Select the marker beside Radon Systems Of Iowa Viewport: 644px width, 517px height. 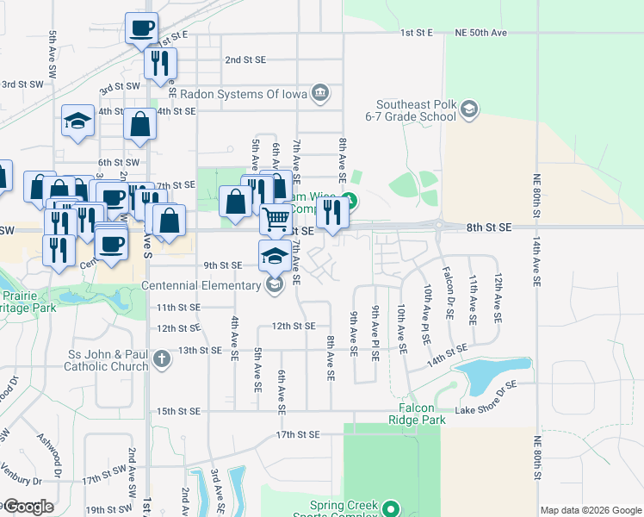click(320, 91)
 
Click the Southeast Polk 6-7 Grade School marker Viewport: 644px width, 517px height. click(468, 109)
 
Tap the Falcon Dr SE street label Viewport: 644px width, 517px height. click(448, 294)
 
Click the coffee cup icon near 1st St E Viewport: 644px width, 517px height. click(141, 28)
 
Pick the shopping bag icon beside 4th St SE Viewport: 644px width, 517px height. click(140, 124)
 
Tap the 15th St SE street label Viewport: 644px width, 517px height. click(178, 411)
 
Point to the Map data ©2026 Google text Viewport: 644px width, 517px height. click(591, 509)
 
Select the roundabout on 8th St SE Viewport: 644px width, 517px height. click(439, 227)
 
